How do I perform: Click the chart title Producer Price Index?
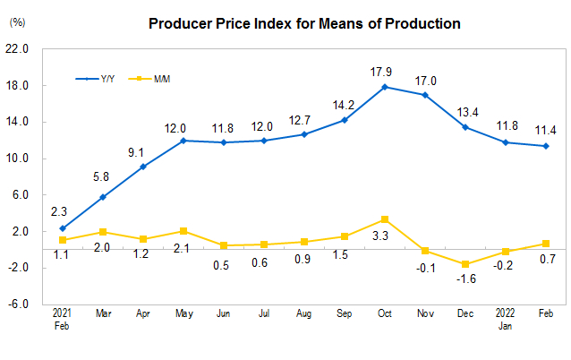(304, 23)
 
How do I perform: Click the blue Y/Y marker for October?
(385, 87)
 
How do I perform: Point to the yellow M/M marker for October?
(385, 219)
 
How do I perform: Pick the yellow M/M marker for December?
(465, 264)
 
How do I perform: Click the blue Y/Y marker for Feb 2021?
(63, 228)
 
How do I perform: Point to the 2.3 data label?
(58, 211)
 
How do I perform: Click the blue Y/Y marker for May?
(183, 141)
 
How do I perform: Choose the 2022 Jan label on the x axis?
(506, 319)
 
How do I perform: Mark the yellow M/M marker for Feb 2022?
(546, 244)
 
